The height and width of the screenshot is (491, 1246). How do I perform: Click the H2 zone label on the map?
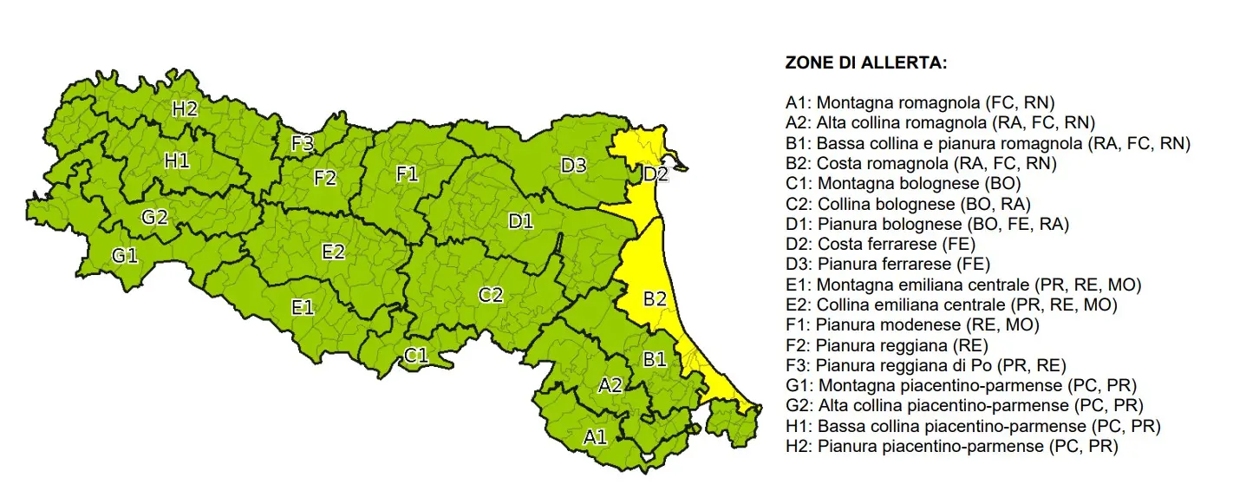(185, 109)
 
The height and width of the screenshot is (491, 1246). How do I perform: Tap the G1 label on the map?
(125, 255)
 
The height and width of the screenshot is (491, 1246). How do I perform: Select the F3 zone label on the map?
(302, 144)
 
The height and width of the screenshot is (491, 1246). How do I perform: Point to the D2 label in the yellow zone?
(656, 174)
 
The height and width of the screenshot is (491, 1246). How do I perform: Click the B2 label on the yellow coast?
(655, 299)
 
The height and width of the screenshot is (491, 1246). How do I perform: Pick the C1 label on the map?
(416, 354)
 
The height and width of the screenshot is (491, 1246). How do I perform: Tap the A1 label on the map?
(595, 436)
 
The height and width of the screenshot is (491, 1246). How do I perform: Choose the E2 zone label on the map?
(333, 252)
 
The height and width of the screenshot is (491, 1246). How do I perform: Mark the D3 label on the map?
(573, 165)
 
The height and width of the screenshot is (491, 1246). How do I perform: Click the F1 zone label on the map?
(408, 174)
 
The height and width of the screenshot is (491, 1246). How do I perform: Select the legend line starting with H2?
(951, 447)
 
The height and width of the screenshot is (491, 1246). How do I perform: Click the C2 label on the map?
(491, 295)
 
